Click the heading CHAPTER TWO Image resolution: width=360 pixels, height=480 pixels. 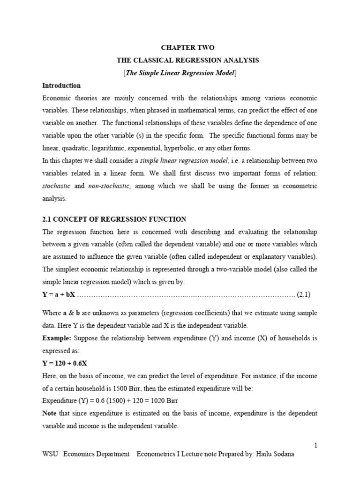[187, 48]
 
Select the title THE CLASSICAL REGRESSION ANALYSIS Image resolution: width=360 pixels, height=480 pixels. [187, 60]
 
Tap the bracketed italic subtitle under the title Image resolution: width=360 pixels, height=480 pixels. [180, 73]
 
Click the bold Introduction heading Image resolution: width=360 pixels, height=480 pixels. [61, 86]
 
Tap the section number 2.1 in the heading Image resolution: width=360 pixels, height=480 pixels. [47, 219]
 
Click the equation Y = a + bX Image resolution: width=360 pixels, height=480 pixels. [59, 295]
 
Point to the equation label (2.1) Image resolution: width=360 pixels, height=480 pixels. [303, 295]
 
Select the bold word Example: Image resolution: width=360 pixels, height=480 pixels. [57, 338]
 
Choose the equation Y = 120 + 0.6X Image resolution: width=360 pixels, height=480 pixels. [65, 363]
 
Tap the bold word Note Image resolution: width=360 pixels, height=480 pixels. [49, 414]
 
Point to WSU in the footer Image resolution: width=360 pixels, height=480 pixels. [50, 454]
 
